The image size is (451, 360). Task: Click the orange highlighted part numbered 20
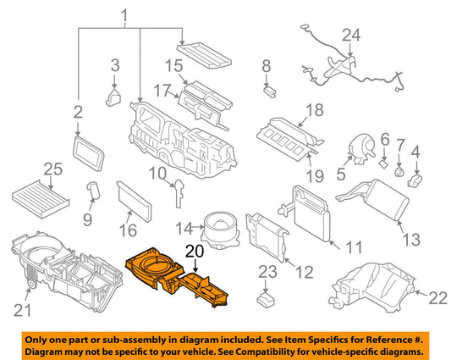[173, 276]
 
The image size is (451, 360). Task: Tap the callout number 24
[351, 35]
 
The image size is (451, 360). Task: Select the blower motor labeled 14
[222, 230]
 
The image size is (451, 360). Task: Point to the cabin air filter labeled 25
[41, 199]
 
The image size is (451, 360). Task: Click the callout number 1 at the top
[124, 16]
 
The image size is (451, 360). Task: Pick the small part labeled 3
[113, 98]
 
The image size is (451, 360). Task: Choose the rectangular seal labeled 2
[89, 154]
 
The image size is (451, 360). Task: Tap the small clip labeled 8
[270, 91]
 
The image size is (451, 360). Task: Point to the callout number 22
[437, 297]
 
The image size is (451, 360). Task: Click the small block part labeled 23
[266, 300]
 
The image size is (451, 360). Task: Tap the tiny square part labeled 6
[383, 163]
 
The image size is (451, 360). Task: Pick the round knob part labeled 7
[399, 172]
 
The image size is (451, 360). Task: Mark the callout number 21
[23, 311]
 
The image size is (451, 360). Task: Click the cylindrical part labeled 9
[93, 190]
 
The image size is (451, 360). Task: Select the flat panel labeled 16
[134, 202]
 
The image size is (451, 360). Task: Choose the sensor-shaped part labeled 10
[179, 193]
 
